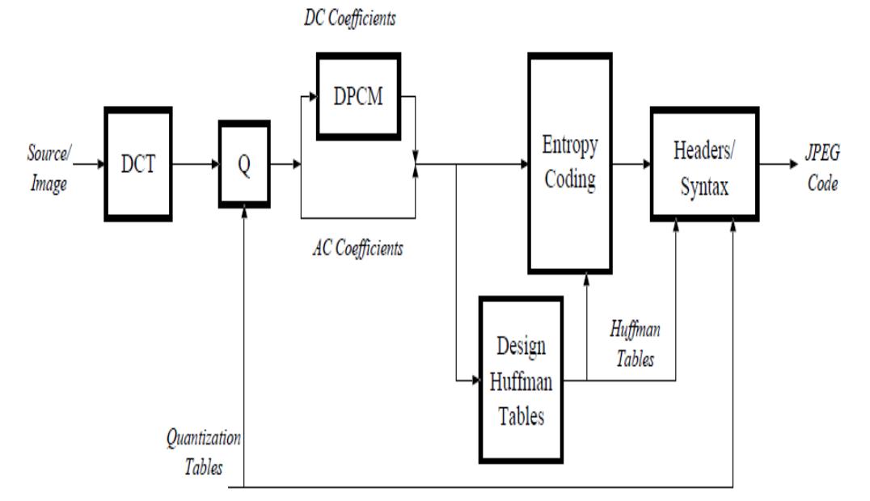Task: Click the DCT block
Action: (x=138, y=165)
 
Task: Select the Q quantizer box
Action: (x=244, y=164)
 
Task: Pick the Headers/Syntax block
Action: (x=704, y=164)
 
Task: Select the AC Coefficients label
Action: (x=357, y=247)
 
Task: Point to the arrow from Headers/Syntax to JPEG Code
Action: (x=780, y=165)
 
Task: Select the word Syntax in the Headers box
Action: (x=704, y=187)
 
